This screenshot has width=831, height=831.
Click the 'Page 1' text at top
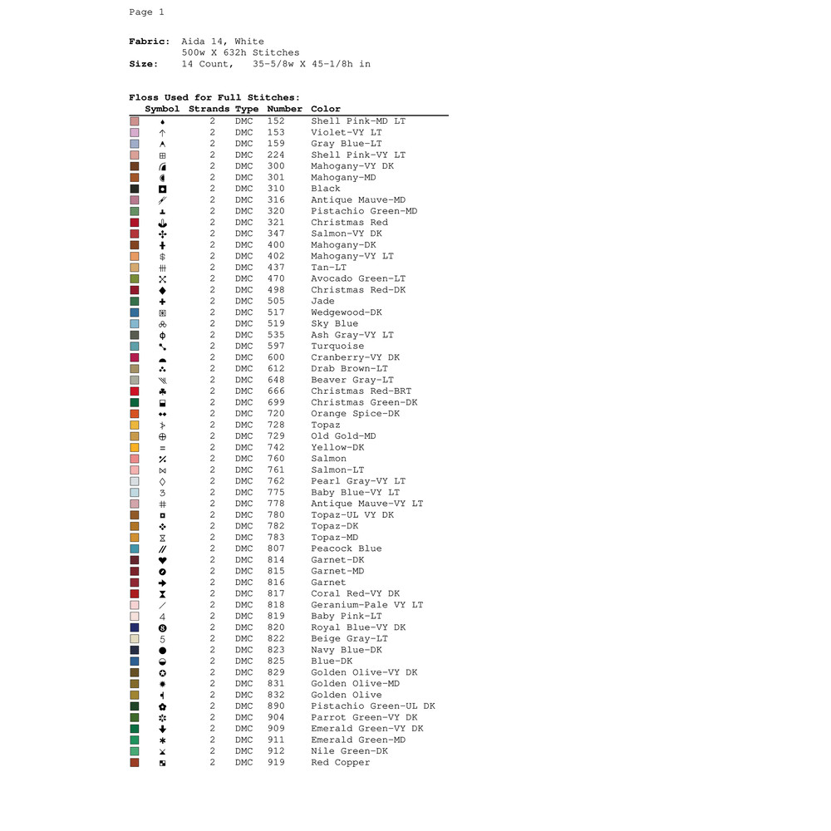(x=147, y=12)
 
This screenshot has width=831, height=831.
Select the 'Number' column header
(x=284, y=109)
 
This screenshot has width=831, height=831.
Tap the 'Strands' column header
(x=209, y=109)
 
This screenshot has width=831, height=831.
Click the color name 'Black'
(x=326, y=189)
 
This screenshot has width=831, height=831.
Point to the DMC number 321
(x=276, y=223)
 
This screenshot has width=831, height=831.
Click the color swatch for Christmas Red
(x=135, y=223)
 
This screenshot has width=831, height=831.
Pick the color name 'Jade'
(x=323, y=302)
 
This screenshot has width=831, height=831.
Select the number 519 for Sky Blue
(x=276, y=324)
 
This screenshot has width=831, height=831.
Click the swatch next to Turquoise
(x=135, y=347)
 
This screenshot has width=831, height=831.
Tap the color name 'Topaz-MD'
(x=334, y=538)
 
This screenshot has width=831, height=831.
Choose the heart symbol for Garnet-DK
(x=163, y=560)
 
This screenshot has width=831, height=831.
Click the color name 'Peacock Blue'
(x=347, y=548)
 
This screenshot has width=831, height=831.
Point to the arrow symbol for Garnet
(x=163, y=583)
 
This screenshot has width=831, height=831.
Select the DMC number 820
(x=276, y=627)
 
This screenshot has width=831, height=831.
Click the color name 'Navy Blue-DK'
(x=347, y=650)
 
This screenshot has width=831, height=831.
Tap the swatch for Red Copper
(x=135, y=763)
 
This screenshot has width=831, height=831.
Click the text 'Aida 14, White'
(x=223, y=42)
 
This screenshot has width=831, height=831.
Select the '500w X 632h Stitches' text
(x=241, y=52)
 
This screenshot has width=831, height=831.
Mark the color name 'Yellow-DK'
(x=337, y=447)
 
